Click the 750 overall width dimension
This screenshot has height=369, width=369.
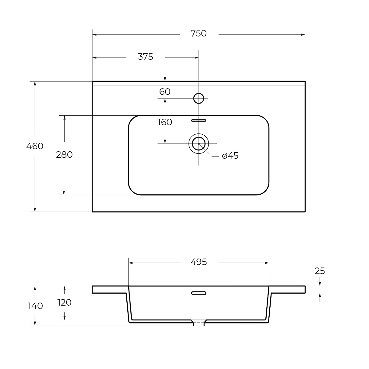(198, 34)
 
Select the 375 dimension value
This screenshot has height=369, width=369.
(145, 57)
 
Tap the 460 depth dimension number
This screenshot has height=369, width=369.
(35, 146)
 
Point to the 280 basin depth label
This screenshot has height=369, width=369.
(64, 155)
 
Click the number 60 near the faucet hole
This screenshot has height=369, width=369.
(165, 92)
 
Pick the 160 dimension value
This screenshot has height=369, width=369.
(165, 122)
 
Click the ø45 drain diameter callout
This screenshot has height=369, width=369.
(230, 156)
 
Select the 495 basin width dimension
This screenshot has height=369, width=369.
(199, 262)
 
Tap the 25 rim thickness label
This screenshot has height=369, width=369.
(320, 271)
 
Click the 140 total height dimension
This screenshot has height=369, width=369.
(35, 306)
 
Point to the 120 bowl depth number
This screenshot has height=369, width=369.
(64, 303)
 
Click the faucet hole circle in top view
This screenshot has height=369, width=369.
(199, 98)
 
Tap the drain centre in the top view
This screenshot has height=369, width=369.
(199, 143)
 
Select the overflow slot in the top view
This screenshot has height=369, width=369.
(199, 121)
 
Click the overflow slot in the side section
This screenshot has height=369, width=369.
(199, 293)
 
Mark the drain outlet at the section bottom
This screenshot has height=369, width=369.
(199, 323)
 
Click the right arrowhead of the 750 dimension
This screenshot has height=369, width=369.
(303, 35)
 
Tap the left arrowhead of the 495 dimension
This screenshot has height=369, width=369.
(131, 263)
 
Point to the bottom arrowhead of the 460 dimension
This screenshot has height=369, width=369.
(35, 210)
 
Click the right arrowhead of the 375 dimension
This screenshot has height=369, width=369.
(196, 58)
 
